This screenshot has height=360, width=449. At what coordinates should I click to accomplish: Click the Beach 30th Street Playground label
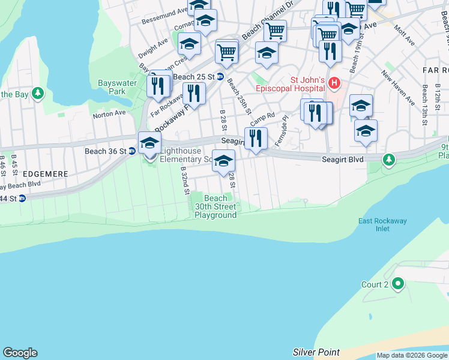coord(215,206)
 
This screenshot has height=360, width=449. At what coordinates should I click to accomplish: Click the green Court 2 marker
coord(397,284)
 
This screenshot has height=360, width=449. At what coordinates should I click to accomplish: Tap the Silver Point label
coord(316,352)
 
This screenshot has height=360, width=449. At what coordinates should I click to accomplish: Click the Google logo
coord(20,353)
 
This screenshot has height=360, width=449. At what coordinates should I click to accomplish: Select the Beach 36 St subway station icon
coord(131,151)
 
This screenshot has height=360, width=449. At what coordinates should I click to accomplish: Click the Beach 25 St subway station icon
coord(220,77)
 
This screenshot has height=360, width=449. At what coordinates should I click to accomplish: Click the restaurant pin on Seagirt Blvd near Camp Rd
coord(256,138)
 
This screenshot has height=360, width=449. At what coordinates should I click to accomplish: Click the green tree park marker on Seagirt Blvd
coord(389,160)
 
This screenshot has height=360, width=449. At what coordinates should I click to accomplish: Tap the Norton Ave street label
coord(109,112)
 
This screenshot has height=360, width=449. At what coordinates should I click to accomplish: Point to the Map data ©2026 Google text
coord(412,355)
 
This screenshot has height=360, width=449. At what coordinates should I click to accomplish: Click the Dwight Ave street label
coord(152,44)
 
